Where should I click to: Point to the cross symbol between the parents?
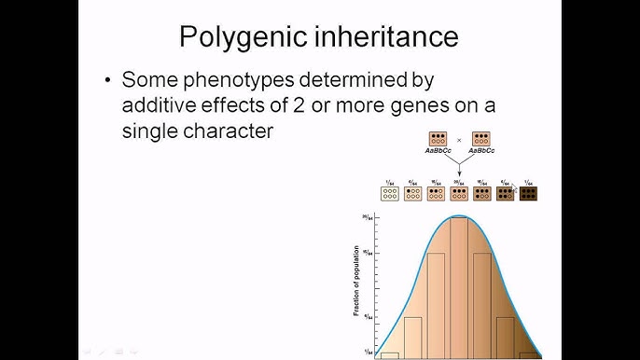[459, 140]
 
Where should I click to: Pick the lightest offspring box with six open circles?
[390, 193]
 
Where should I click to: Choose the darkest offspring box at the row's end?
[528, 193]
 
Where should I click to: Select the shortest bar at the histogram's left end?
[390, 354]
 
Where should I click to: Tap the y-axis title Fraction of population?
[356, 281]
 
